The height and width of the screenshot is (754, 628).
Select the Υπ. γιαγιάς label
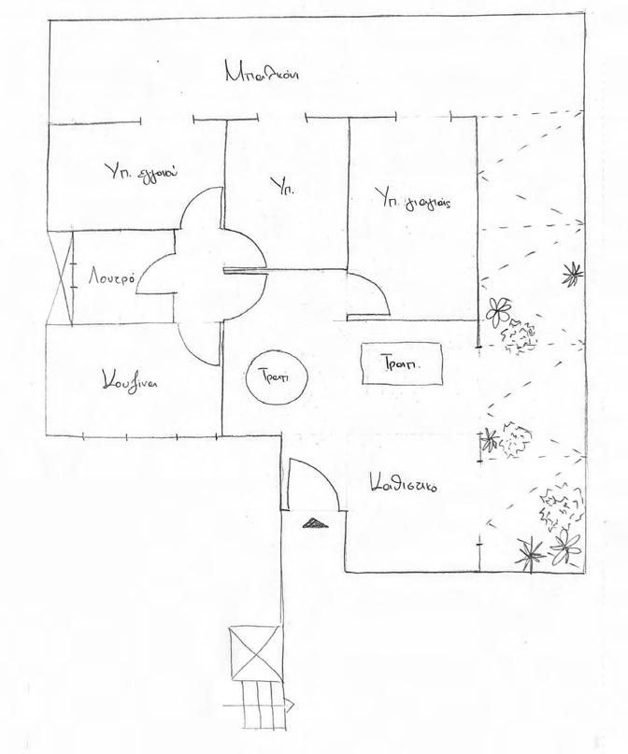point(412,197)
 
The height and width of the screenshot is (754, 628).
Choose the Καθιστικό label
point(405,485)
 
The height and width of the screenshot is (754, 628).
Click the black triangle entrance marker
point(316,523)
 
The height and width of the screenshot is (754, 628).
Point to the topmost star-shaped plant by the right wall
point(569,274)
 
